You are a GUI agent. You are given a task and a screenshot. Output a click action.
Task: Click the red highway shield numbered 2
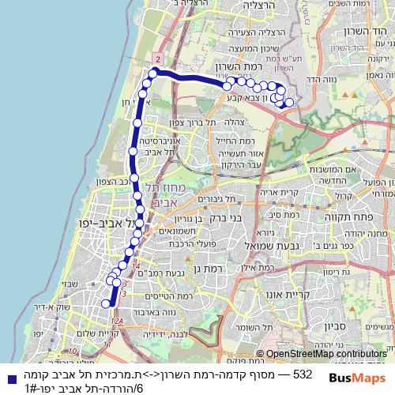(158, 59)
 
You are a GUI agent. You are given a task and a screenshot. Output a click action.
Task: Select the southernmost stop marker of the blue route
(106, 303)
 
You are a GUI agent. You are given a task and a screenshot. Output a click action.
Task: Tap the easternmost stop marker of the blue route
(289, 102)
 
